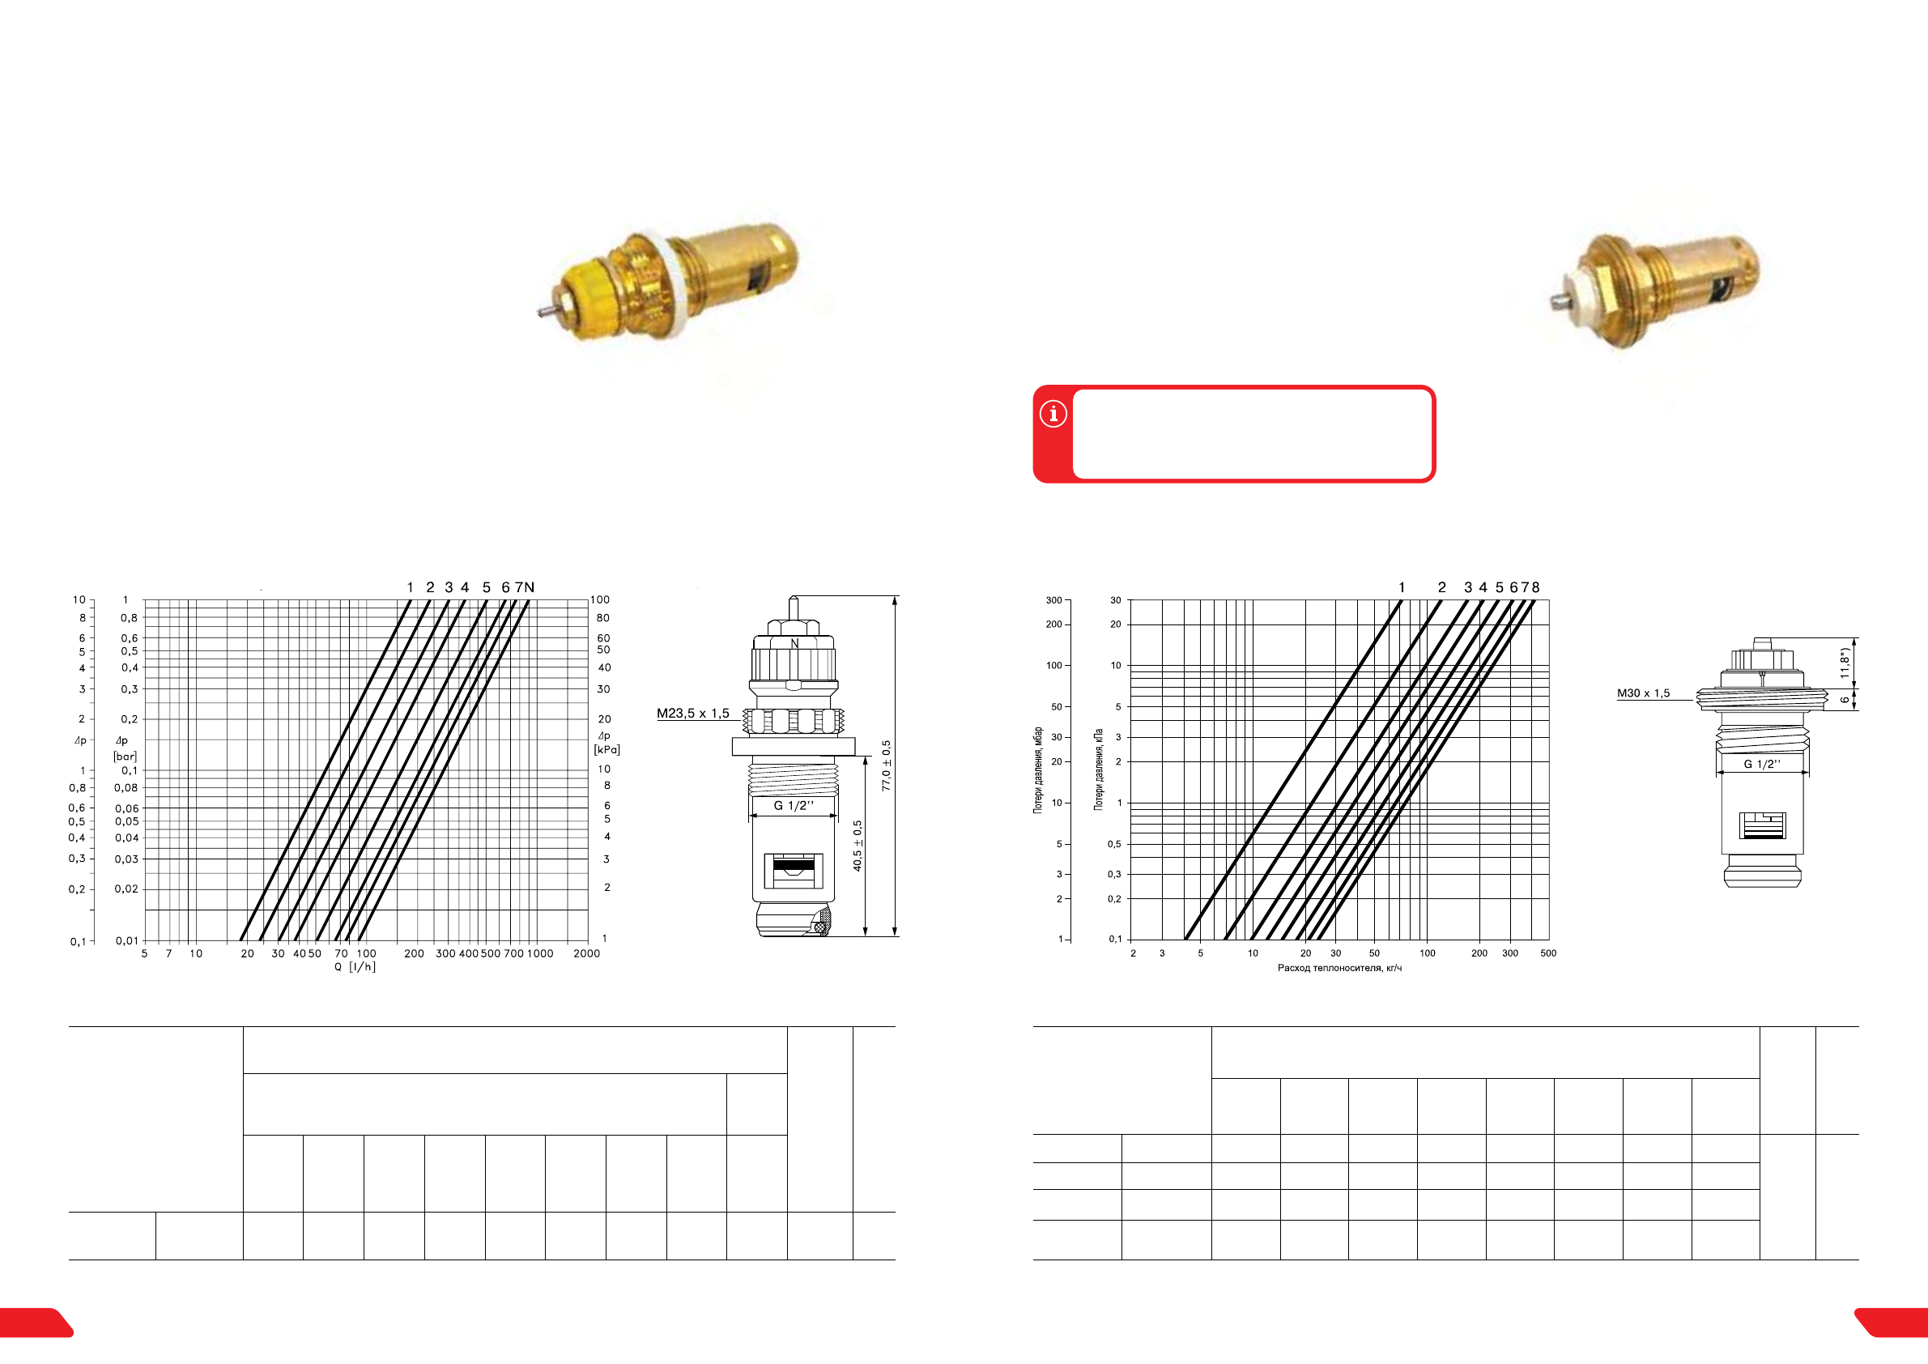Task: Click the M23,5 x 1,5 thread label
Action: click(x=693, y=714)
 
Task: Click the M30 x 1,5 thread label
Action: click(x=1643, y=693)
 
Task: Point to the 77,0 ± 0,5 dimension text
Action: click(x=886, y=765)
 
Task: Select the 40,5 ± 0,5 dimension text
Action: click(x=858, y=846)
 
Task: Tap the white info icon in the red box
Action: click(x=1053, y=413)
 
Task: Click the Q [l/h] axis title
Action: click(x=355, y=967)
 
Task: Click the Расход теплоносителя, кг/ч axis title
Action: click(x=1339, y=968)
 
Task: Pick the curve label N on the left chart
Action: click(x=529, y=587)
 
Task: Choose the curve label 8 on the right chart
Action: click(x=1536, y=587)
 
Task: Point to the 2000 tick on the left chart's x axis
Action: click(x=586, y=953)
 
